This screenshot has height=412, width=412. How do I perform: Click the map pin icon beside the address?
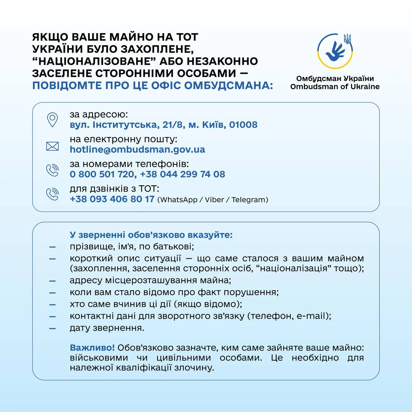tap(52, 120)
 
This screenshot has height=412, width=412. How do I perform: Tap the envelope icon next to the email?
tap(52, 146)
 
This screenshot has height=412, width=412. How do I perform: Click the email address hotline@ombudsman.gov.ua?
tap(137, 149)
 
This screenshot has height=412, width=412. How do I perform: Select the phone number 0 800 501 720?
tap(102, 174)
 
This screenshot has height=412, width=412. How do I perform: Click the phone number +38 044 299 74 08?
tap(183, 174)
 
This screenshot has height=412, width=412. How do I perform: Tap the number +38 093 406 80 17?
tap(112, 199)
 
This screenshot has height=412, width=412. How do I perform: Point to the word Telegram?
tap(248, 200)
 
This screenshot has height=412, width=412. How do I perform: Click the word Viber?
tap(214, 200)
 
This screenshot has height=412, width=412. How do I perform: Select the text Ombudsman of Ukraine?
tap(335, 87)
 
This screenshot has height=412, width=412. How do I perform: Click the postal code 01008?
tap(243, 125)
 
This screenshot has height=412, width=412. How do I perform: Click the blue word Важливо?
tap(92, 348)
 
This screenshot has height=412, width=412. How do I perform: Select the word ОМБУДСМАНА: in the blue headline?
tap(229, 86)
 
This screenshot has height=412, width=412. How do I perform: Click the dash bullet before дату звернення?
tap(52, 329)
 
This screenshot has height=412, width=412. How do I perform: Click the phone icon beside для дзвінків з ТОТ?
tap(52, 194)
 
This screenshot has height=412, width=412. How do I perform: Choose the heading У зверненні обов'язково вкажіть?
tap(151, 235)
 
